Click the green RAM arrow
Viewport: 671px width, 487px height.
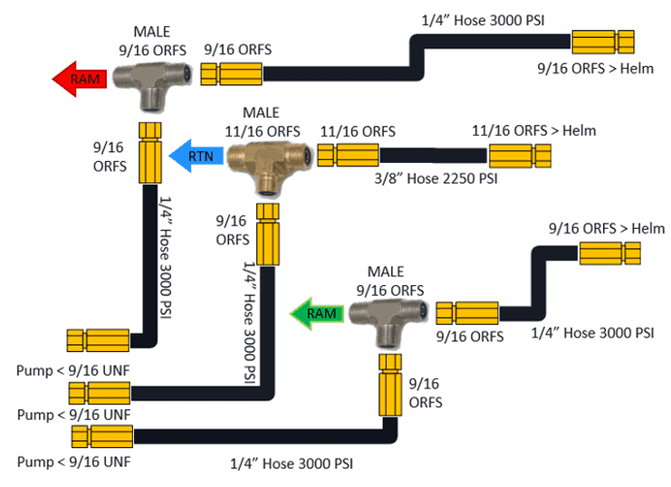pyautogui.click(x=317, y=313)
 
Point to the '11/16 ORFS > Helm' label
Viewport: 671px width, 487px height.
pyautogui.click(x=533, y=130)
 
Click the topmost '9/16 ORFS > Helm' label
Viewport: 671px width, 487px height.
pyautogui.click(x=585, y=67)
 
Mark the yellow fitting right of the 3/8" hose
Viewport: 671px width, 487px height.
pyautogui.click(x=520, y=156)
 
